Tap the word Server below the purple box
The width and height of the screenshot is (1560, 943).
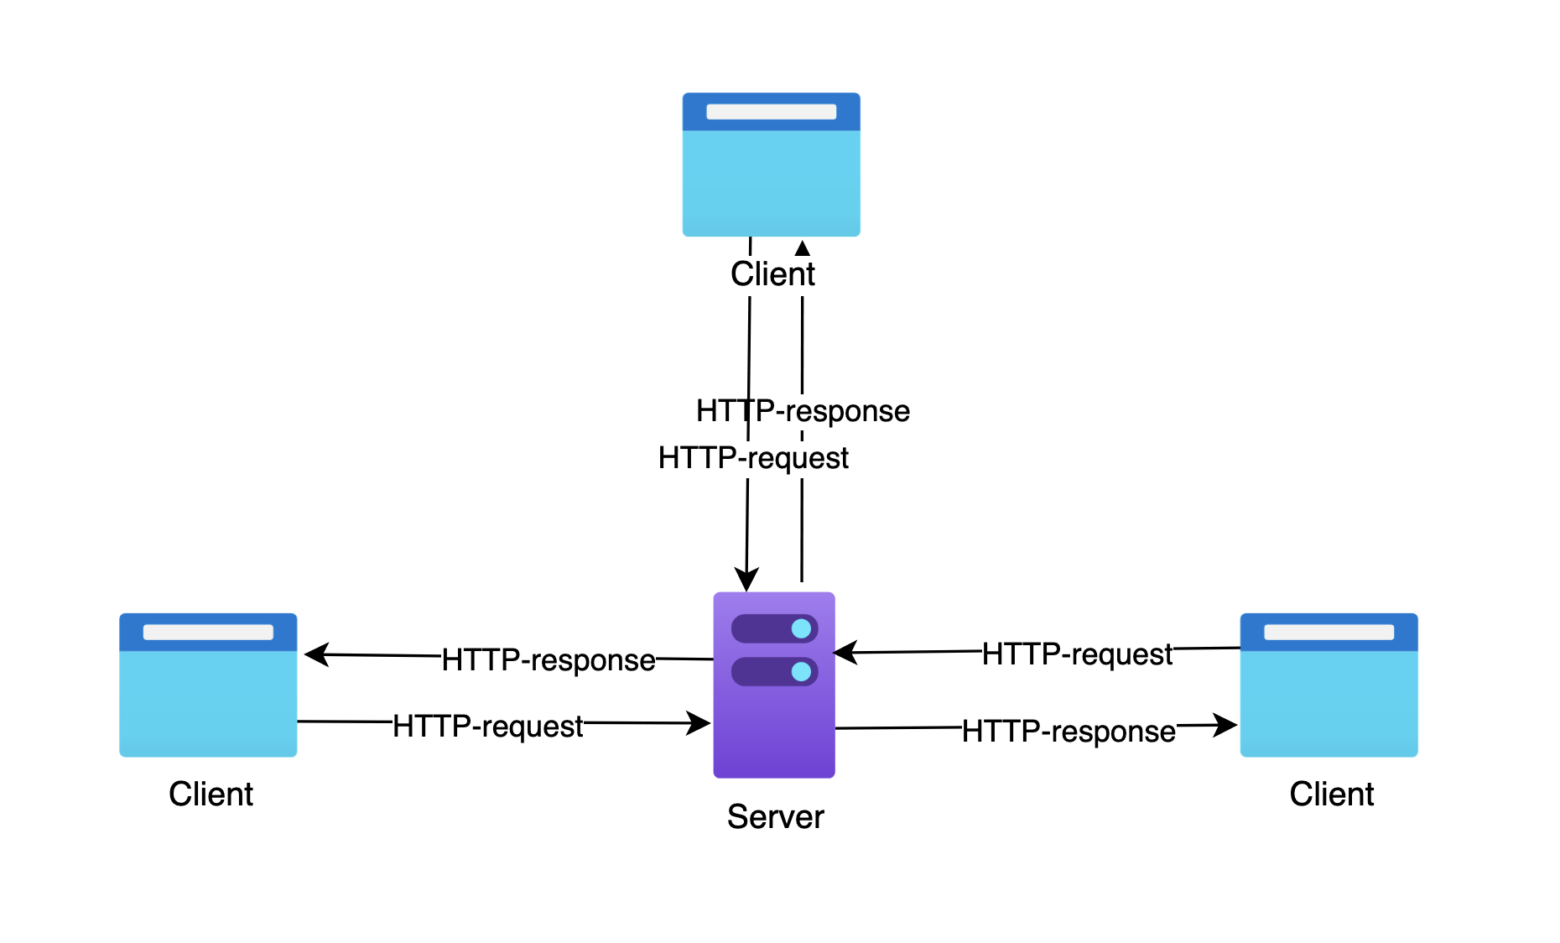click(x=775, y=816)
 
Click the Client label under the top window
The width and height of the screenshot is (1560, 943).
click(x=772, y=274)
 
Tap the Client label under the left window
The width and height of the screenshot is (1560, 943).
click(x=211, y=794)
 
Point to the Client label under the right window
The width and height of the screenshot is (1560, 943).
click(x=1331, y=794)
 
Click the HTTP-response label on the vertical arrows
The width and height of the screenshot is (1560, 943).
click(x=803, y=411)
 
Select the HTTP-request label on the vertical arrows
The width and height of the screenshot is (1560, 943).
click(x=753, y=458)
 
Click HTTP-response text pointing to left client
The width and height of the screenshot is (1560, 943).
click(x=549, y=660)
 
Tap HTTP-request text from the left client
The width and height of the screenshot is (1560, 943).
click(x=487, y=726)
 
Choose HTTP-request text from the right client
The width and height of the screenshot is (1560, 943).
click(x=1077, y=654)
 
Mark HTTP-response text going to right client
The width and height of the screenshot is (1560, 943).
click(x=1069, y=732)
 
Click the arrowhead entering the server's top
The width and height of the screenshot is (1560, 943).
click(x=746, y=580)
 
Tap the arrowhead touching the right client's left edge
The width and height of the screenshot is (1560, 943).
click(x=1226, y=725)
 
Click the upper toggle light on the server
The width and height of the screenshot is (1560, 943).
click(x=801, y=628)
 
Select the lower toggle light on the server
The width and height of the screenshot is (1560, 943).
click(x=801, y=671)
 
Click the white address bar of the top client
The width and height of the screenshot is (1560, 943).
click(x=771, y=112)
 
